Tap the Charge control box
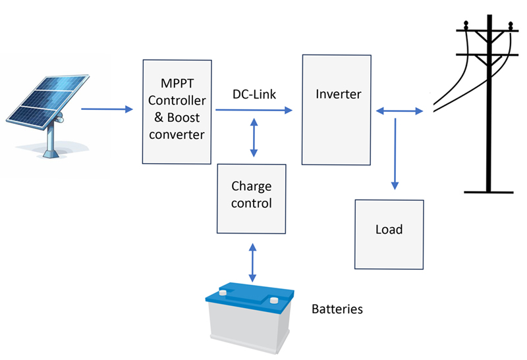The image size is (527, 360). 251,198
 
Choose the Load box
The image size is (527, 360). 389,234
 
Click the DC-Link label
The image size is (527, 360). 254,95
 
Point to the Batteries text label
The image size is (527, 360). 337,308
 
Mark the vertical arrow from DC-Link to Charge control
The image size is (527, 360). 254,138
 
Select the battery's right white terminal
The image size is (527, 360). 274,299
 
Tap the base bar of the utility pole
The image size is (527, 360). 489,192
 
